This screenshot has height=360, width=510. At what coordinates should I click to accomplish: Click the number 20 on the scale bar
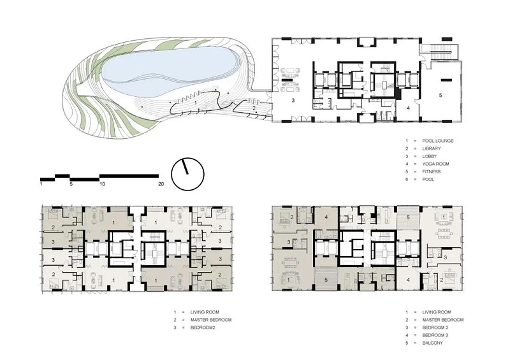(x=161, y=184)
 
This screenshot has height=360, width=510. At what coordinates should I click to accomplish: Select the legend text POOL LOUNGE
(x=438, y=141)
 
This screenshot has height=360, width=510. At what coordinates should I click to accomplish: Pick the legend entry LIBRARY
(x=432, y=148)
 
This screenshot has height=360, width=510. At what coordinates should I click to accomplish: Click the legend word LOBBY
(x=430, y=156)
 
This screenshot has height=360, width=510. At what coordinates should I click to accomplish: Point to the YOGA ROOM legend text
(x=436, y=164)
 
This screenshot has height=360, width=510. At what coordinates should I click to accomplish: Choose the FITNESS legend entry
(x=432, y=171)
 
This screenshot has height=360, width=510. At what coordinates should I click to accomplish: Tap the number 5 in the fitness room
(x=441, y=96)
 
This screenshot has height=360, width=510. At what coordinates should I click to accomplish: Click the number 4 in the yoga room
(x=408, y=108)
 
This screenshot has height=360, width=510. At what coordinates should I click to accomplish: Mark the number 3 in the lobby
(x=293, y=101)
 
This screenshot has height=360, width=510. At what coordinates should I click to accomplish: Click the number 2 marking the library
(x=254, y=107)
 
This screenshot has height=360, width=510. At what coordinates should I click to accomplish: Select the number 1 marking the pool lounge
(x=195, y=103)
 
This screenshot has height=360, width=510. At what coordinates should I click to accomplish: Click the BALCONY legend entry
(x=433, y=343)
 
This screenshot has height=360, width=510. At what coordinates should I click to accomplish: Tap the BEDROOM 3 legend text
(x=435, y=335)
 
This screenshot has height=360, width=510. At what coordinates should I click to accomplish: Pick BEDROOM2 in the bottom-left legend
(x=203, y=328)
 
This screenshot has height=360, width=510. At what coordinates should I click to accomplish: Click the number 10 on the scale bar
(x=102, y=184)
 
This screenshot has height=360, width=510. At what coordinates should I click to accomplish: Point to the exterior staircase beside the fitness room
(x=440, y=52)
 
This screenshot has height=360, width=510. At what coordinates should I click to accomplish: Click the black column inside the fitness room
(x=447, y=80)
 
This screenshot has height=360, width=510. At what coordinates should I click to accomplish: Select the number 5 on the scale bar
(x=71, y=184)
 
